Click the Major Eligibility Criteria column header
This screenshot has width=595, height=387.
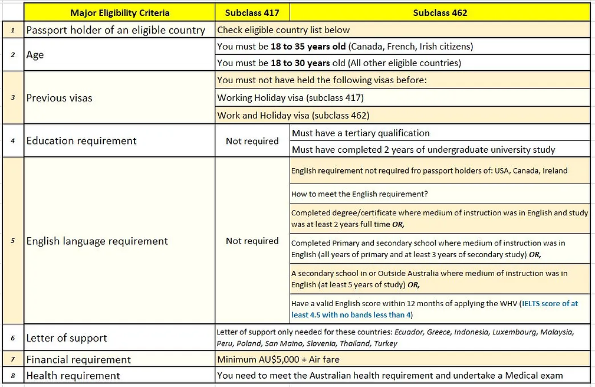pyautogui.click(x=120, y=12)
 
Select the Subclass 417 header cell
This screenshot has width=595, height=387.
pyautogui.click(x=252, y=12)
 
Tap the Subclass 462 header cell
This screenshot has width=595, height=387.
pyautogui.click(x=440, y=12)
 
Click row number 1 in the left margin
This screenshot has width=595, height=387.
pyautogui.click(x=12, y=30)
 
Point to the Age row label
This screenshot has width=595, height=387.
pyautogui.click(x=35, y=55)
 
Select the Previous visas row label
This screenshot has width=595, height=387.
pyautogui.click(x=59, y=98)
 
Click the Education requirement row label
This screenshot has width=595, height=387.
pyautogui.click(x=81, y=141)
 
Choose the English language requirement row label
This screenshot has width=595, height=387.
pyautogui.click(x=97, y=241)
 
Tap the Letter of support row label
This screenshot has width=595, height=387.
pyautogui.click(x=67, y=338)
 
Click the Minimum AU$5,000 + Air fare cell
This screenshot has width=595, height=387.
pyautogui.click(x=278, y=359)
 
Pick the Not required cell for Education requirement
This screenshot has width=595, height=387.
pyautogui.click(x=252, y=141)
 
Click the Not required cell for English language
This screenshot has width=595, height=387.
pyautogui.click(x=252, y=241)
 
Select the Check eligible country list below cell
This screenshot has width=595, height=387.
pyautogui.click(x=284, y=30)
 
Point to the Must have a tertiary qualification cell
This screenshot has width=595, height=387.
pyautogui.click(x=361, y=133)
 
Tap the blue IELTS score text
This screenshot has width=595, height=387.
pyautogui.click(x=548, y=304)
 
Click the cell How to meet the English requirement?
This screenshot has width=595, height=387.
pyautogui.click(x=359, y=193)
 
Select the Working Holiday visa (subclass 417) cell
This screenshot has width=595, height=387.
pyautogui.click(x=291, y=98)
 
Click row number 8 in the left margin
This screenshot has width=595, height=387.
pyautogui.click(x=12, y=376)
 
